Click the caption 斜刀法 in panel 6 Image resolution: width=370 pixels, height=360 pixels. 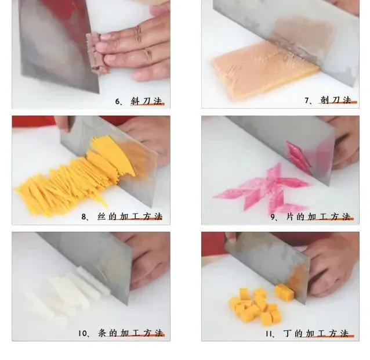click(x=147, y=101)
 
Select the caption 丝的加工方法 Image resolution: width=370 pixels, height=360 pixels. click(x=130, y=217)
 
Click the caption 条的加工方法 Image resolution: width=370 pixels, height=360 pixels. click(x=130, y=333)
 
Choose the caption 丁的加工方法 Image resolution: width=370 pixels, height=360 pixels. click(x=316, y=333)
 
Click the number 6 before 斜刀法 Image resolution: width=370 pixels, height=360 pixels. click(x=118, y=102)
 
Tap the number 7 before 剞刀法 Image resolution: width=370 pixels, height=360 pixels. click(x=307, y=100)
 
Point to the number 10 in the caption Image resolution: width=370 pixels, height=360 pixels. click(x=82, y=333)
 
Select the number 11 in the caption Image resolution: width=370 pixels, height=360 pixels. click(x=269, y=334)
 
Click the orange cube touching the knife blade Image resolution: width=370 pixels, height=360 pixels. click(x=285, y=293)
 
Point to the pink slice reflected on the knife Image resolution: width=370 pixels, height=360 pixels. click(x=298, y=157)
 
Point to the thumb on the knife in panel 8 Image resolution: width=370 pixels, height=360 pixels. click(x=63, y=123)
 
